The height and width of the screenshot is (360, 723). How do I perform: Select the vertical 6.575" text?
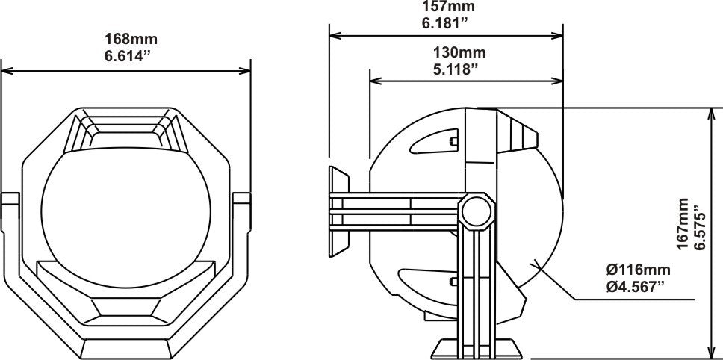[700, 224]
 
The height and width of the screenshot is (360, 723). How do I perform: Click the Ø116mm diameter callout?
[637, 270]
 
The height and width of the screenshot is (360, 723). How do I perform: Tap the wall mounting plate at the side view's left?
[338, 211]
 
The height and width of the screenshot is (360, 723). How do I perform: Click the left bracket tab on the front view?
[10, 199]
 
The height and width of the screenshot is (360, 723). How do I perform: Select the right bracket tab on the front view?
[242, 199]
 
